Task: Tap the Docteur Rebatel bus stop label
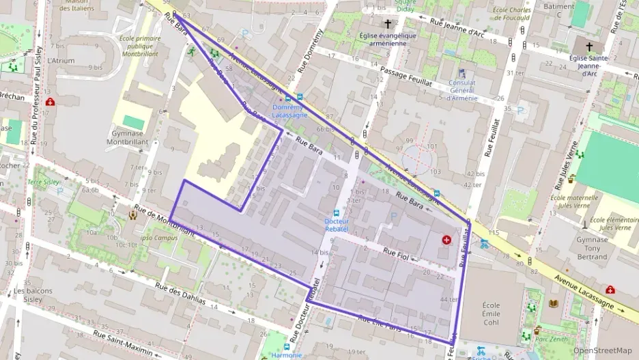pyautogui.click(x=336, y=225)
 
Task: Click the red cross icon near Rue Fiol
pyautogui.click(x=446, y=240)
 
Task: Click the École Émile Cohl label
pyautogui.click(x=491, y=314)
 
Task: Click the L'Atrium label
pyautogui.click(x=61, y=60)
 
